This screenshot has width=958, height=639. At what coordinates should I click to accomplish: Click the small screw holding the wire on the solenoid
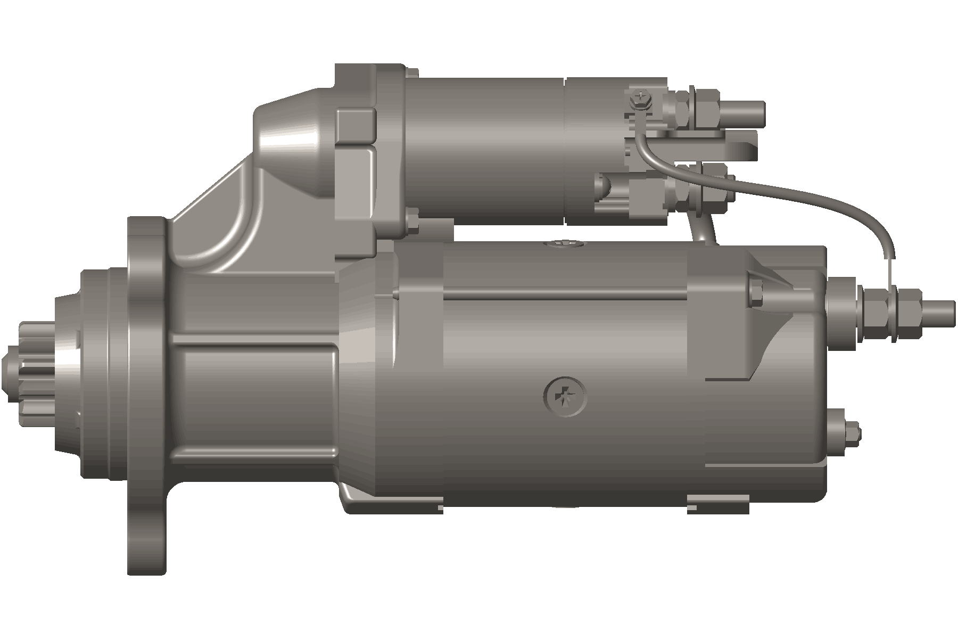pyautogui.click(x=639, y=99)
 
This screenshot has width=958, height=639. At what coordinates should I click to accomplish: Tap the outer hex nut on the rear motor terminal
pyautogui.click(x=908, y=314)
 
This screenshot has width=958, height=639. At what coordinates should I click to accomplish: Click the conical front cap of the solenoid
pyautogui.click(x=290, y=144)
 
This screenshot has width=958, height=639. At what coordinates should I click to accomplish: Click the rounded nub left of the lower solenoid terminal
pyautogui.click(x=602, y=186)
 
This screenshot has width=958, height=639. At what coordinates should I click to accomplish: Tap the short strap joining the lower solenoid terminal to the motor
pyautogui.click(x=703, y=226)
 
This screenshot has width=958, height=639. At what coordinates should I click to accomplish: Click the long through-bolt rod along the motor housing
pyautogui.click(x=564, y=293)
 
